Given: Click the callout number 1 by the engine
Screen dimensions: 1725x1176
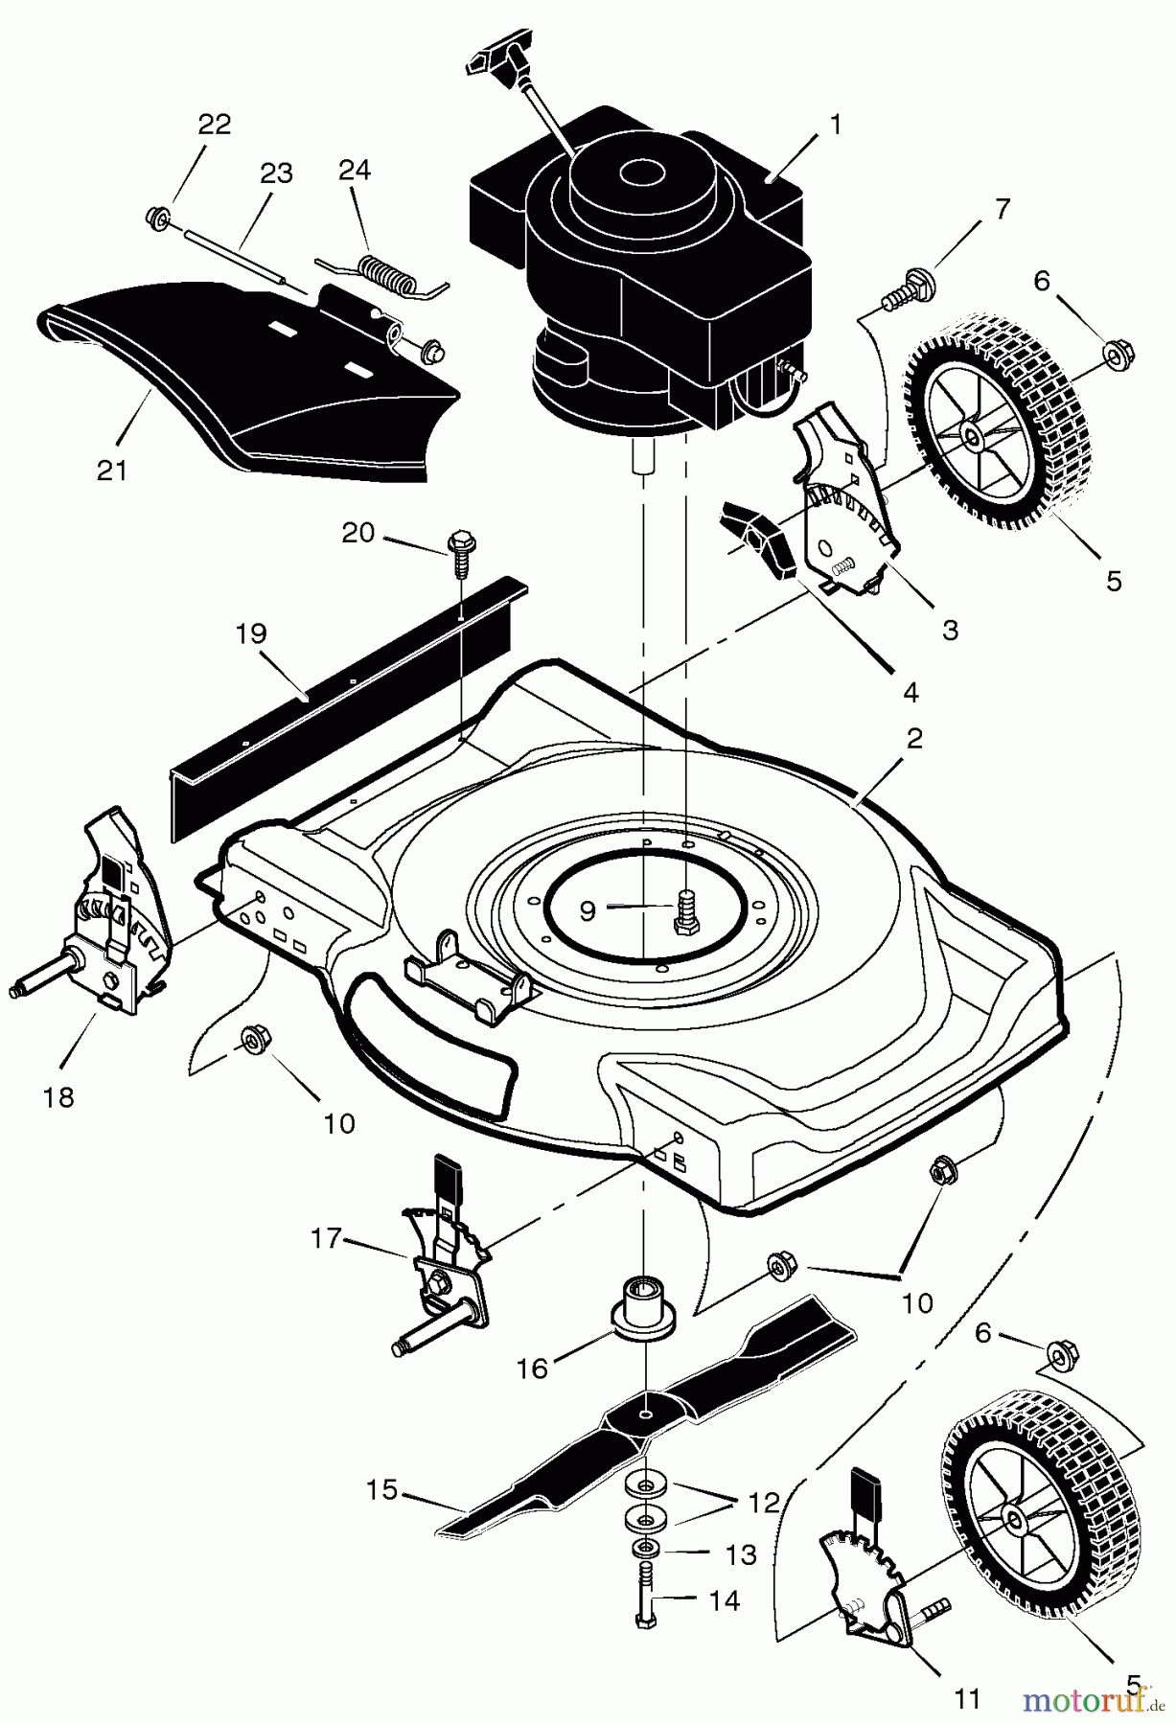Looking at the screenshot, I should coord(836,126).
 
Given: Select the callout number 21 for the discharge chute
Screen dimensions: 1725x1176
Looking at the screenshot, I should coord(112,471).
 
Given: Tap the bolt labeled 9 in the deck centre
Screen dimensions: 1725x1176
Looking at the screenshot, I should coord(685,910).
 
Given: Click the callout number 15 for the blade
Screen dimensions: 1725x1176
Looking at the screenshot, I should coord(381,1490).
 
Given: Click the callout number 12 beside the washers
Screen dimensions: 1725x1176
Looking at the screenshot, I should coord(764,1502).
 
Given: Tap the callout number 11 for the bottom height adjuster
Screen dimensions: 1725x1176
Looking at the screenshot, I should coord(968,1699).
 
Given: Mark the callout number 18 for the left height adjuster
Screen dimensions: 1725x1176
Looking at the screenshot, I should coord(59,1097).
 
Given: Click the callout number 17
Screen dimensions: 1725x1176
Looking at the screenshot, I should coord(326,1238).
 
